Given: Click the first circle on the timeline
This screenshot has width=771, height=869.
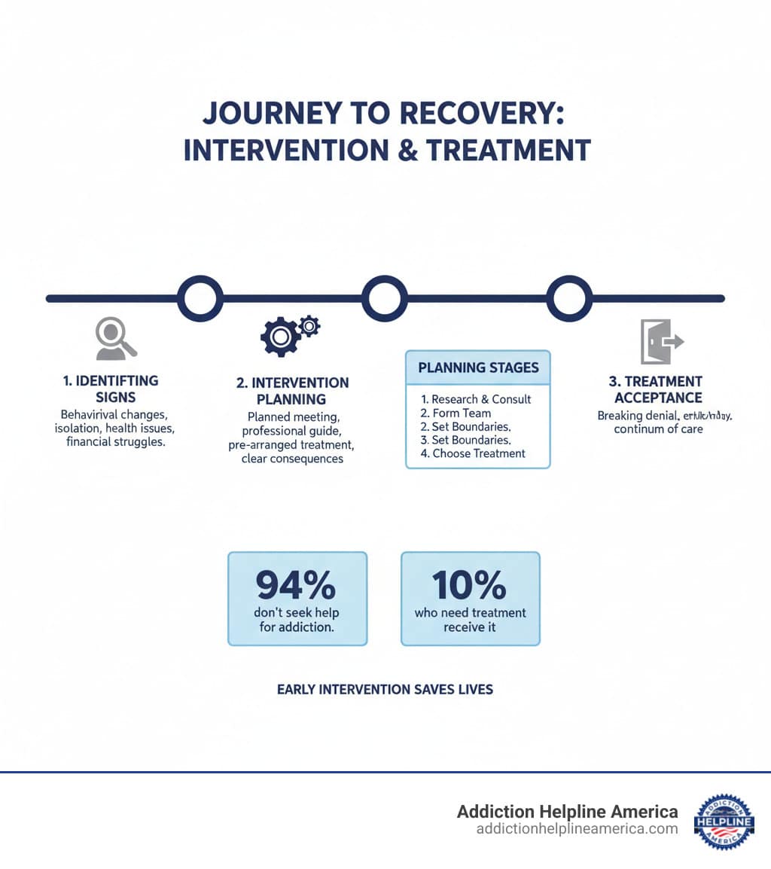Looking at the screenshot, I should (x=200, y=298).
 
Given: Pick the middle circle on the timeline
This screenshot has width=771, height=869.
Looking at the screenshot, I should (x=385, y=298).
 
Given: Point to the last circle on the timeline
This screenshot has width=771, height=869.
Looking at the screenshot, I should (x=569, y=298).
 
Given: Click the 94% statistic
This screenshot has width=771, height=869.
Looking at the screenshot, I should (x=297, y=584).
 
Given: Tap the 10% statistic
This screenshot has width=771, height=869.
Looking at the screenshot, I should (x=470, y=584).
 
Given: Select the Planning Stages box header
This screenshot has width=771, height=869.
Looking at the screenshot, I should (x=478, y=367).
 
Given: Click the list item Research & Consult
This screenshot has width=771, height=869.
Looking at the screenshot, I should (x=476, y=399).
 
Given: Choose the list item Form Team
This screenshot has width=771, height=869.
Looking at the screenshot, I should (x=456, y=413).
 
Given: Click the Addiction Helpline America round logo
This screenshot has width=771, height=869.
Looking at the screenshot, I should (x=724, y=822).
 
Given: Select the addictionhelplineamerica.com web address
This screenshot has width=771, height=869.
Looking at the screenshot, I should (x=577, y=829).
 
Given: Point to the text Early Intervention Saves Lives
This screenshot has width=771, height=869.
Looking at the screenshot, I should (x=385, y=689).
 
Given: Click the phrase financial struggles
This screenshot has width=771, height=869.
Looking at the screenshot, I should (x=116, y=442).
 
